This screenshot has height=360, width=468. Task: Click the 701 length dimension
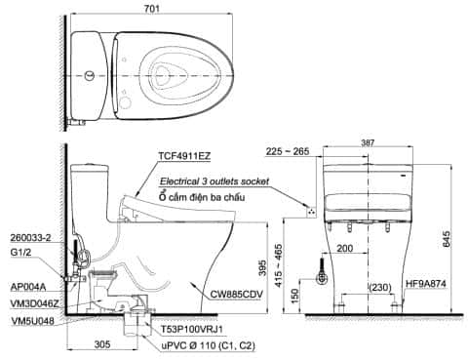pyautogui.click(x=152, y=8)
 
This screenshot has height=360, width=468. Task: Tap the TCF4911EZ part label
pyautogui.click(x=184, y=156)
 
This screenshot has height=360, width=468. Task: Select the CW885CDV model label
pyautogui.click(x=236, y=295)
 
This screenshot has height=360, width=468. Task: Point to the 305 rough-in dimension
pyautogui.click(x=102, y=344)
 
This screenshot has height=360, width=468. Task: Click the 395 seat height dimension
pyautogui.click(x=262, y=267)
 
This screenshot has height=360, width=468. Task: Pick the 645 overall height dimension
pyautogui.click(x=447, y=239)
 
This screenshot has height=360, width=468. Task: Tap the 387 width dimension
pyautogui.click(x=368, y=142)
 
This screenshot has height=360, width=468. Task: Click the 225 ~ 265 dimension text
pyautogui.click(x=288, y=151)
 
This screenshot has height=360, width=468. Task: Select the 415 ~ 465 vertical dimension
pyautogui.click(x=279, y=265)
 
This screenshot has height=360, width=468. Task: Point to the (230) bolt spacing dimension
pyautogui.click(x=380, y=288)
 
